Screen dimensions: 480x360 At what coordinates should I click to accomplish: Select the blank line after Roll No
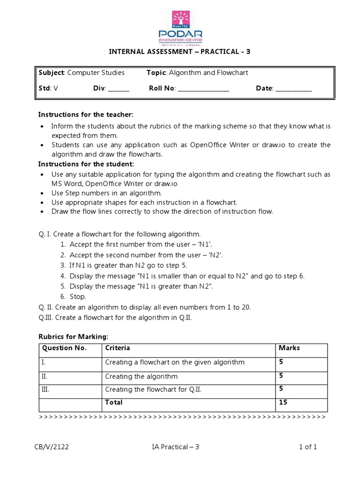pyautogui.click(x=203, y=89)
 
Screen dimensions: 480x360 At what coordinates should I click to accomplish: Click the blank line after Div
pyautogui.click(x=119, y=89)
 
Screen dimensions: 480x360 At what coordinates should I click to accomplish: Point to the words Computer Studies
pyautogui.click(x=96, y=73)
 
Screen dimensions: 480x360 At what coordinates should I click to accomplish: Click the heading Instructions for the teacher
pyautogui.click(x=85, y=115)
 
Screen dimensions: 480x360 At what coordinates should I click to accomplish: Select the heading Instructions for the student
pyautogui.click(x=86, y=164)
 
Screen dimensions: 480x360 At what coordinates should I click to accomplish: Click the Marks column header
pyautogui.click(x=289, y=348)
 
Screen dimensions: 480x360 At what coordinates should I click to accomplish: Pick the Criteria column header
pyautogui.click(x=118, y=348)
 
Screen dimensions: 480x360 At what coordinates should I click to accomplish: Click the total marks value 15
pyautogui.click(x=283, y=403)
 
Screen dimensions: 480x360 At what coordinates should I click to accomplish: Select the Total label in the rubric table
pyautogui.click(x=114, y=403)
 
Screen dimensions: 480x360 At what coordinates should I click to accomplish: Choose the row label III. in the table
pyautogui.click(x=46, y=390)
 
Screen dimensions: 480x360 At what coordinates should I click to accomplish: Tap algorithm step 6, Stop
pyautogui.click(x=77, y=297)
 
